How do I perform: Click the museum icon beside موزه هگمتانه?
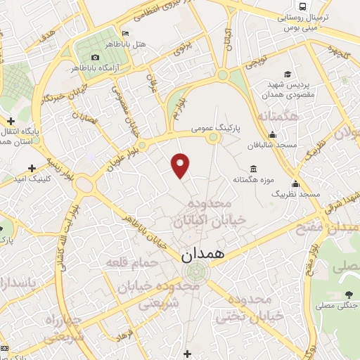pyautogui.click(x=253, y=169)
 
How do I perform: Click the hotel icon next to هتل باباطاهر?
pyautogui.click(x=125, y=34)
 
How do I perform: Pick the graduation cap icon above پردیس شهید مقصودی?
pyautogui.click(x=288, y=74)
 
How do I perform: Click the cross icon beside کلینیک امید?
pyautogui.click(x=31, y=169)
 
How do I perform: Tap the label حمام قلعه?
pyautogui.click(x=126, y=263)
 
